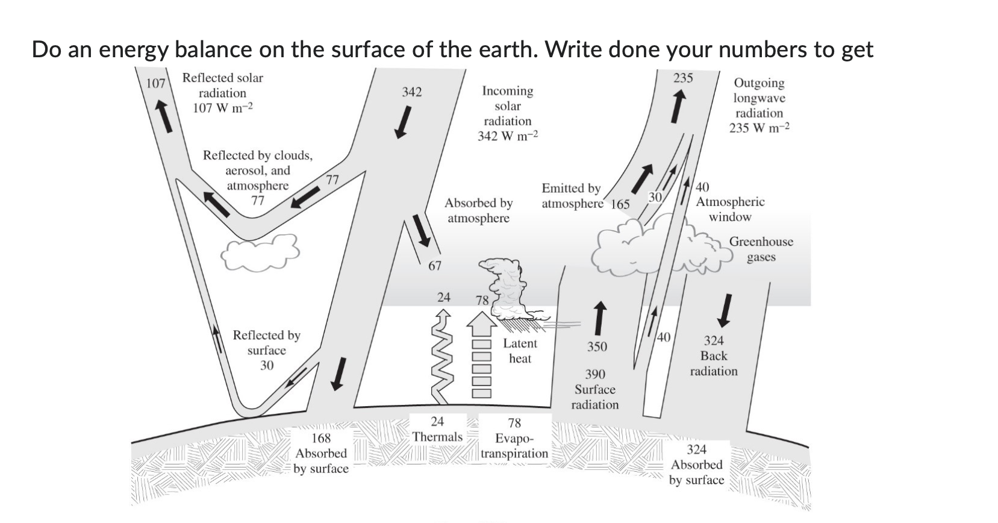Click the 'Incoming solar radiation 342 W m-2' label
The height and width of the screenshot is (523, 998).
507,113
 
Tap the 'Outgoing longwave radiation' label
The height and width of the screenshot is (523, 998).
759,105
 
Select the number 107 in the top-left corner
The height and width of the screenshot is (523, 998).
156,83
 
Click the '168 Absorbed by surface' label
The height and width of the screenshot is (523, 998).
321,453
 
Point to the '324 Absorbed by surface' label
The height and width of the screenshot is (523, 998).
696,465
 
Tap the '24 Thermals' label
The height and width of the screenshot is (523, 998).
437,429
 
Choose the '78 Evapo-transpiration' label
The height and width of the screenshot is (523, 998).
514,439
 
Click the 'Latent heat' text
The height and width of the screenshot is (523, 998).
520,351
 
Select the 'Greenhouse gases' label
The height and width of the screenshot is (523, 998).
761,249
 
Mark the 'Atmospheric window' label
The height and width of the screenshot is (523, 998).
730,209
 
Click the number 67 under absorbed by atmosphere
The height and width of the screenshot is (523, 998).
434,266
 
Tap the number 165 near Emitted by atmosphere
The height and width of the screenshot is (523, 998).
620,204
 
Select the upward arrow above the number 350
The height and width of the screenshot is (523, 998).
599,317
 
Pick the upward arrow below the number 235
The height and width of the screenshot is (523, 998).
679,105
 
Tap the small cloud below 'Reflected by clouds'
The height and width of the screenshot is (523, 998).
259,253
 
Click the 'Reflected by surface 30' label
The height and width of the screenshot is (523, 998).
266,350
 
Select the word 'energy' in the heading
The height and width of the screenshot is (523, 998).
133,49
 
